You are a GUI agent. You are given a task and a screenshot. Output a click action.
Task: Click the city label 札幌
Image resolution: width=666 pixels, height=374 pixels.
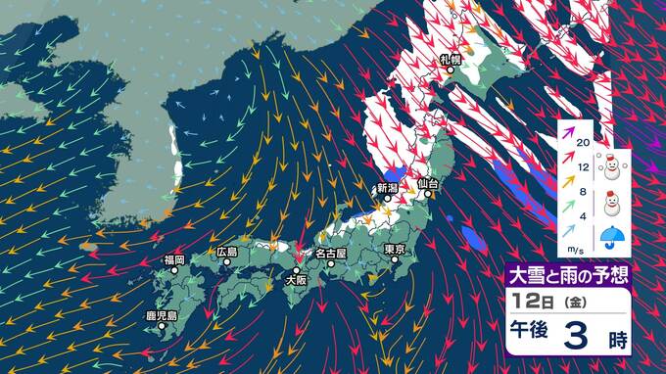[x=452, y=61]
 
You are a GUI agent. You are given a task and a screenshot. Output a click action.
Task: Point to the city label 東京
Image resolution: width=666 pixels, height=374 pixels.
[x=396, y=250]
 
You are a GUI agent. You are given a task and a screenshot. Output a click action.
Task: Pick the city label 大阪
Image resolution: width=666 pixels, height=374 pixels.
[x=295, y=280]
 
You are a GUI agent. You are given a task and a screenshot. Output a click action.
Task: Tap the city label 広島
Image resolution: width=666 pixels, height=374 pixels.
[x=227, y=252]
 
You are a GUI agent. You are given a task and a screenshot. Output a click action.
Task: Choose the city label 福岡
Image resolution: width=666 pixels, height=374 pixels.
[x=174, y=259]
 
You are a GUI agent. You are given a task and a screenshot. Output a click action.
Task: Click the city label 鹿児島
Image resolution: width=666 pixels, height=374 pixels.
[x=161, y=315]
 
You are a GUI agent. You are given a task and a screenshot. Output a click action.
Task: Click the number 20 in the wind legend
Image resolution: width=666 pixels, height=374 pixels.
[x=584, y=143]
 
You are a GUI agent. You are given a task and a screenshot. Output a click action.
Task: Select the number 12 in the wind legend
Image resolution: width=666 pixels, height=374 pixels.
[x=584, y=169]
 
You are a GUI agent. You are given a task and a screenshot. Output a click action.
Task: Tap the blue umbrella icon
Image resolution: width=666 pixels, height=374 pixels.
[x=613, y=237]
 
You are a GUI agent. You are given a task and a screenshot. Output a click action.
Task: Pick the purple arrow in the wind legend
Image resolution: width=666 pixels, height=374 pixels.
[x=565, y=141]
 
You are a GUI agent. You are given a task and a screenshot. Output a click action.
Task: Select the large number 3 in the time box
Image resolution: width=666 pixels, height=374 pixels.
[x=576, y=339]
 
